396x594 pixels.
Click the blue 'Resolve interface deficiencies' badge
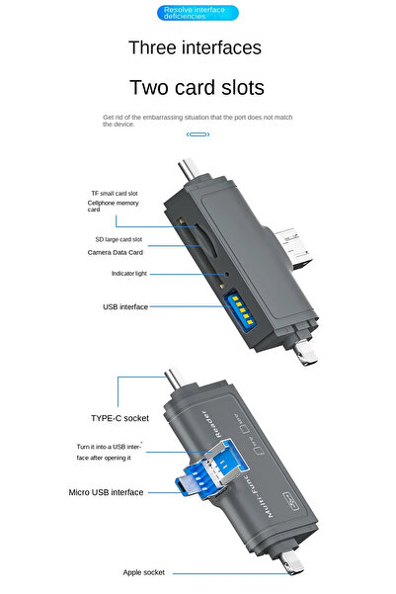(198, 13)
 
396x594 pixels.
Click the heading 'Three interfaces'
(195, 47)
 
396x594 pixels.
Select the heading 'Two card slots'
(198, 88)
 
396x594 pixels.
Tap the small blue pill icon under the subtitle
(198, 134)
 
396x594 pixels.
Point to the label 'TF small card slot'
(116, 192)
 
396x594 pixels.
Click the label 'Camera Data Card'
(122, 253)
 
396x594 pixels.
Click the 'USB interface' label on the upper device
(125, 307)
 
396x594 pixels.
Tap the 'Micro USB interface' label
(106, 492)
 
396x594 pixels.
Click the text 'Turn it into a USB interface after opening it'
(110, 453)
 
